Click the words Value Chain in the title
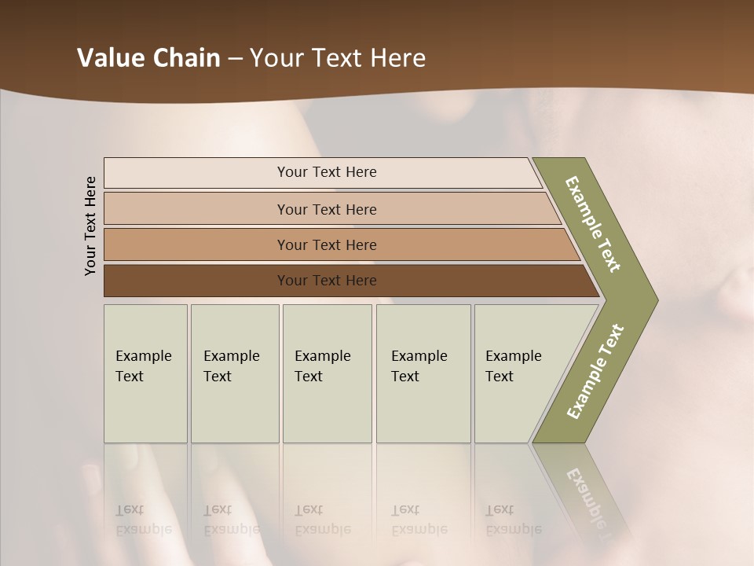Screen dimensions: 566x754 pos(148,58)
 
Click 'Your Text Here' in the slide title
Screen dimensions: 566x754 pos(338,58)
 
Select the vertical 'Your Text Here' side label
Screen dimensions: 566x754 pos(90,226)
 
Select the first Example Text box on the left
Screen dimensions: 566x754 pos(145,373)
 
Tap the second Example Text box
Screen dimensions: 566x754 pos(235,373)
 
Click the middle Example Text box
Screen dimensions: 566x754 pos(327,373)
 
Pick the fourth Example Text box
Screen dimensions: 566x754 pos(423,373)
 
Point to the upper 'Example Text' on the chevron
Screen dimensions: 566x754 pos(593,224)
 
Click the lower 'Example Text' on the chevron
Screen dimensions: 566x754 pos(595,372)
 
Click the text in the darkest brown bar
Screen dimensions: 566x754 pos(327,281)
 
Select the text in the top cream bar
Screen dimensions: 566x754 pos(327,172)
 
